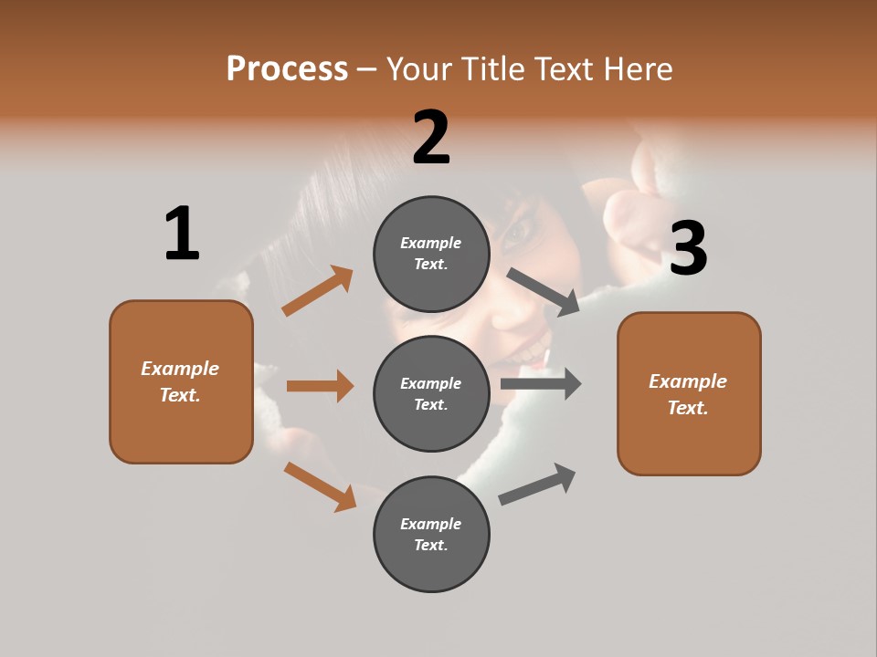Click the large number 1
(x=182, y=234)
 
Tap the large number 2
(x=431, y=138)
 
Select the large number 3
(x=688, y=249)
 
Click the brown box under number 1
(x=181, y=381)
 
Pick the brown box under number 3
(x=689, y=394)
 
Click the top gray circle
(x=431, y=254)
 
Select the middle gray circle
(x=431, y=393)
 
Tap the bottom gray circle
(x=431, y=534)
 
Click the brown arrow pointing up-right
(x=318, y=290)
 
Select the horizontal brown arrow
(x=320, y=386)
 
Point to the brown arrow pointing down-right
(x=320, y=486)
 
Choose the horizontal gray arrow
(x=541, y=383)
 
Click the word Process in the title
(x=287, y=68)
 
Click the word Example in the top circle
(x=431, y=244)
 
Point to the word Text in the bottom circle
(x=429, y=545)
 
